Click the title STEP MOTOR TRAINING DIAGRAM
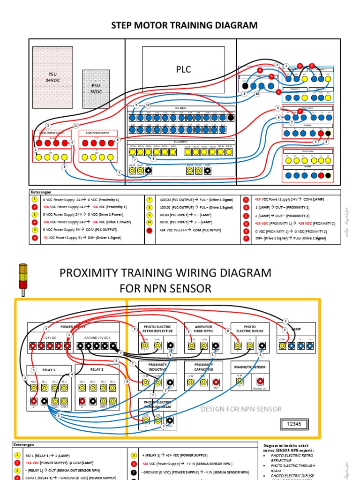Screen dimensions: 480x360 click(x=184, y=25)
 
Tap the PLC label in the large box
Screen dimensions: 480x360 click(x=184, y=69)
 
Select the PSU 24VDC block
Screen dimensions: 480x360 click(x=52, y=77)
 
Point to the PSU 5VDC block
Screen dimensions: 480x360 click(x=96, y=89)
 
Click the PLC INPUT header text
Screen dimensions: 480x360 click(x=180, y=108)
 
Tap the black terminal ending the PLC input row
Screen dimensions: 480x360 click(x=230, y=118)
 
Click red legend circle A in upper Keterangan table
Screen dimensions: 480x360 click(x=245, y=199)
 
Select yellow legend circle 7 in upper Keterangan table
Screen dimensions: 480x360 click(x=150, y=199)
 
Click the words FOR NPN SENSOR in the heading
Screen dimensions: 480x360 click(x=165, y=288)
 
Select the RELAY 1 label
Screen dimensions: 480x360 click(x=48, y=370)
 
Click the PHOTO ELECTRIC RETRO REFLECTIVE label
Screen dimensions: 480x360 click(x=158, y=329)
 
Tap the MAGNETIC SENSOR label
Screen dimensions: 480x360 click(x=250, y=367)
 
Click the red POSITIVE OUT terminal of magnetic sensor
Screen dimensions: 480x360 click(x=260, y=382)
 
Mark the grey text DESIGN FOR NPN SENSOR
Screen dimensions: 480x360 click(x=241, y=409)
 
